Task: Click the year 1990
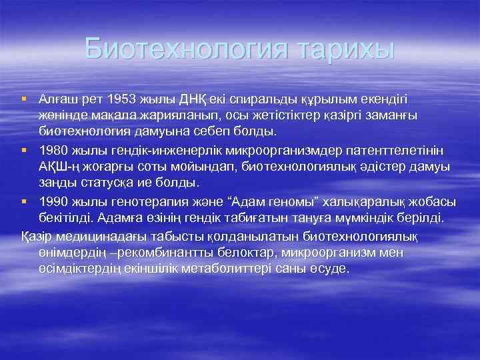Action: [54, 201]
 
